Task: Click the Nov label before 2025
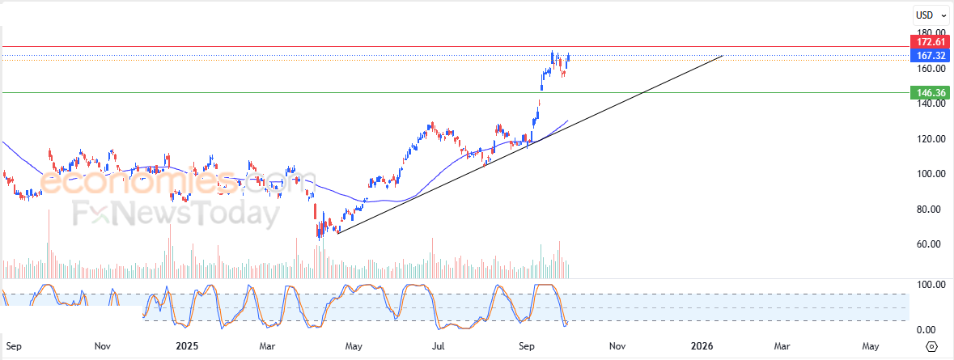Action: point(102,346)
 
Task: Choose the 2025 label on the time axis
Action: point(187,346)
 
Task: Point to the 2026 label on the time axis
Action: point(702,346)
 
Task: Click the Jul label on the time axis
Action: point(438,346)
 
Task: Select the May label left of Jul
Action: point(354,346)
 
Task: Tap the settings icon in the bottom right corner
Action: point(931,346)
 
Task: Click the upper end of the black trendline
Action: point(722,57)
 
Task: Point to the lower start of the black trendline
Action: point(337,234)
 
